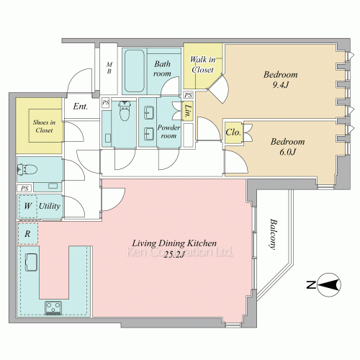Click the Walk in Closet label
[x=203, y=64]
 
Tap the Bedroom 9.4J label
[x=281, y=79]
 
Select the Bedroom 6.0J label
[x=287, y=146]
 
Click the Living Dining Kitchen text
[x=174, y=243]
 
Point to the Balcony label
[x=272, y=234]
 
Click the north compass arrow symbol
[x=329, y=285]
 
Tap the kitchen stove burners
[x=53, y=307]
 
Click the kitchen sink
[x=31, y=263]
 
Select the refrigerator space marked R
[x=28, y=233]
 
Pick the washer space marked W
[x=27, y=207]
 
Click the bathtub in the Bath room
[x=135, y=71]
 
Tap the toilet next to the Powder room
[x=125, y=111]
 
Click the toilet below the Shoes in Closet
[x=27, y=169]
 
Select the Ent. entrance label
[x=81, y=107]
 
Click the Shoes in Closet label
[x=44, y=126]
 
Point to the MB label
[x=109, y=68]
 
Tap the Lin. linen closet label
[x=189, y=111]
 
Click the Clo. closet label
[x=233, y=132]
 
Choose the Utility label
[x=50, y=206]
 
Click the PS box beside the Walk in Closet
[x=189, y=95]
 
